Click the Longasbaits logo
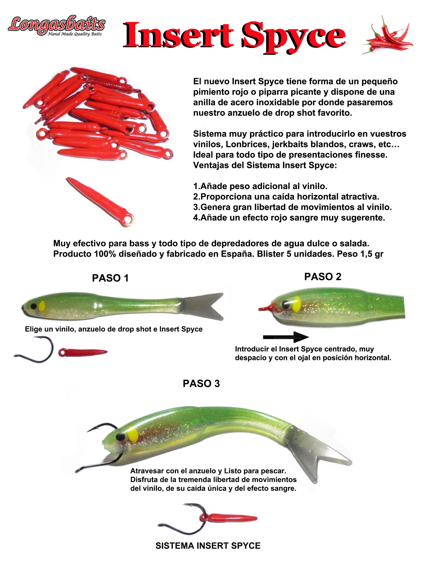[56, 26]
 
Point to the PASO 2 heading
[323, 277]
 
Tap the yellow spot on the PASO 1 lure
[42, 306]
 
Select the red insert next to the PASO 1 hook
[83, 352]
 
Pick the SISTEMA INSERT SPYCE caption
[208, 546]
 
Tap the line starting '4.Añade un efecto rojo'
[289, 218]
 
